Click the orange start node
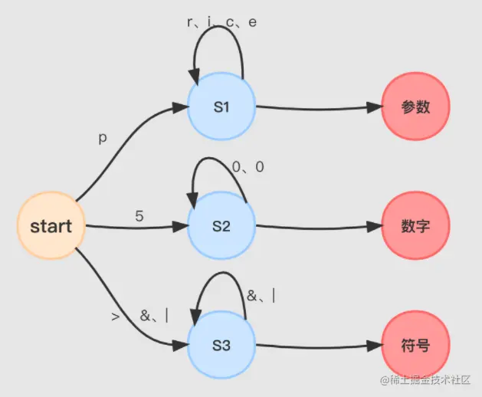51,226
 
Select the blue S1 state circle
221,107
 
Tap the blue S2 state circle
221,226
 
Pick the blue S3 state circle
221,346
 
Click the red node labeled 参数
416,107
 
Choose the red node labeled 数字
416,226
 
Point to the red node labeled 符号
416,346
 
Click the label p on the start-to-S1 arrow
103,139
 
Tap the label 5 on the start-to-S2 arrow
139,216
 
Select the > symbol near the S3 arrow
116,316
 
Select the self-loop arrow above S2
217,159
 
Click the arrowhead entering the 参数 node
373,108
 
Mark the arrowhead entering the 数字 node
373,227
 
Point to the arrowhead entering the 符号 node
373,346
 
